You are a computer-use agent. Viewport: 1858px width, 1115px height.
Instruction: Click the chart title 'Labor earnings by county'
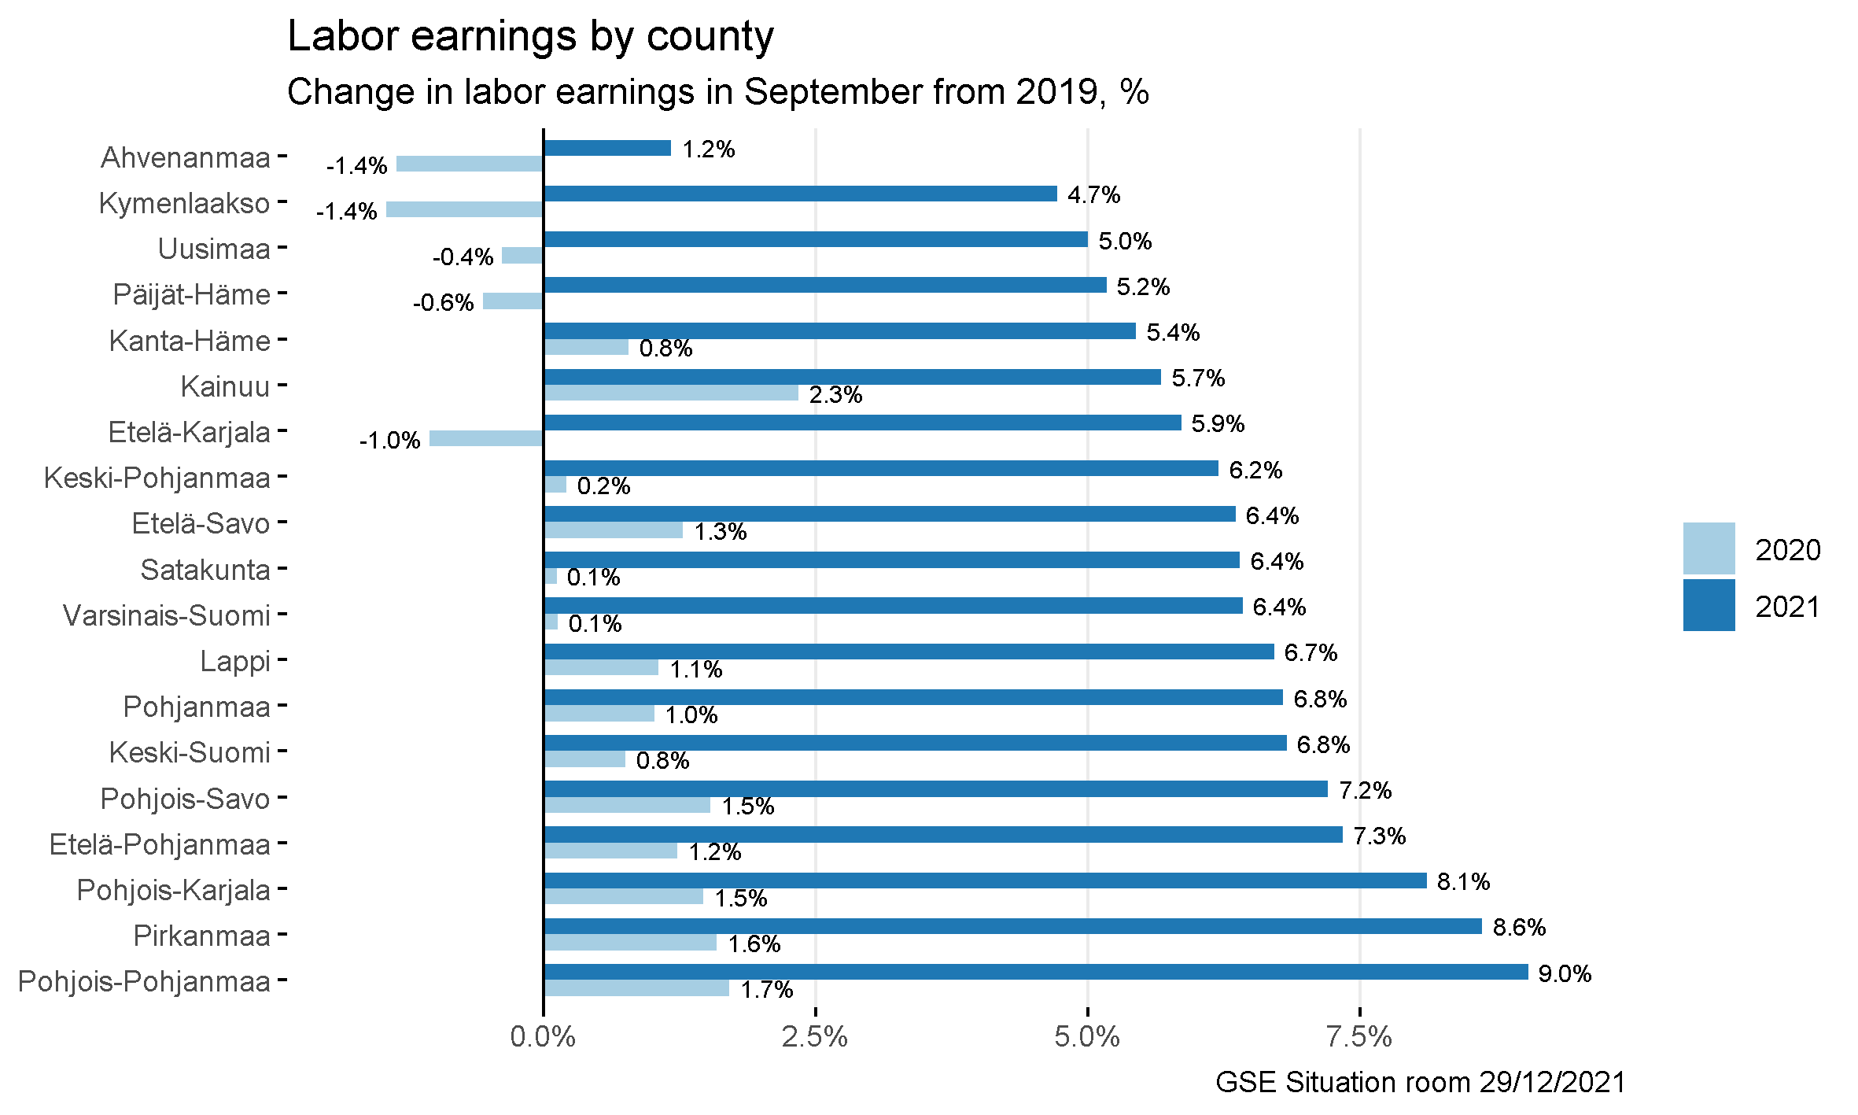coord(530,36)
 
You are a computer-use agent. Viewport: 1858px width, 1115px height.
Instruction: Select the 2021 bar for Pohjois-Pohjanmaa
coord(1035,972)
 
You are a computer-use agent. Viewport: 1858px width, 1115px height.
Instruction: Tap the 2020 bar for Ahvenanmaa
coord(470,164)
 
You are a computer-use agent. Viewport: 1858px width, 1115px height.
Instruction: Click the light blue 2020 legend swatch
coord(1709,548)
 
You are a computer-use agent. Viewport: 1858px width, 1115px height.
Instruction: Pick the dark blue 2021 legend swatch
coord(1709,605)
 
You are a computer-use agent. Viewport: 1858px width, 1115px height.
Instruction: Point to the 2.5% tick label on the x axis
coord(815,1037)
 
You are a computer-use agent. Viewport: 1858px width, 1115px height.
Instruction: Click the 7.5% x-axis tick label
coord(1359,1037)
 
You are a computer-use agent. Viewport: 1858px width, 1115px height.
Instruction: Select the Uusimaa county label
coord(214,249)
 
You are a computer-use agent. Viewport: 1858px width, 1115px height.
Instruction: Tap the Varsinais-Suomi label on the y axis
coord(167,615)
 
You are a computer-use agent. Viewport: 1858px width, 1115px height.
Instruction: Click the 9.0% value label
coord(1565,973)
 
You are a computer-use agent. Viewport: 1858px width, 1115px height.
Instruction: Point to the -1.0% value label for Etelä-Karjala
coord(389,440)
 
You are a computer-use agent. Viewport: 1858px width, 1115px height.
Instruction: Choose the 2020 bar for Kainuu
coord(671,393)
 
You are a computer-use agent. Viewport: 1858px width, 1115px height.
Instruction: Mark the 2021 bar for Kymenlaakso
coord(800,194)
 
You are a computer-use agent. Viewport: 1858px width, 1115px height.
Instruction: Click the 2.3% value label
coord(835,394)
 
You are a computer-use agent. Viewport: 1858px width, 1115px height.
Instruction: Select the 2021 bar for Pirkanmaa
coord(1012,926)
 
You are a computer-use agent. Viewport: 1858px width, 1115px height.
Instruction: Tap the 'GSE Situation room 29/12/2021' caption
coord(1420,1082)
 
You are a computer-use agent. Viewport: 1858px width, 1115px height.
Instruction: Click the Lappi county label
coord(235,661)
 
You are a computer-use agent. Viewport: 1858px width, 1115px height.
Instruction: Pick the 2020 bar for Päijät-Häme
coord(513,301)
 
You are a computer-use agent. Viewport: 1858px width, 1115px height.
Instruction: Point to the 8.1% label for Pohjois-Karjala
coord(1463,881)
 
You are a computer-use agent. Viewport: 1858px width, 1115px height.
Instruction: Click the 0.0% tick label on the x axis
coord(543,1037)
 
